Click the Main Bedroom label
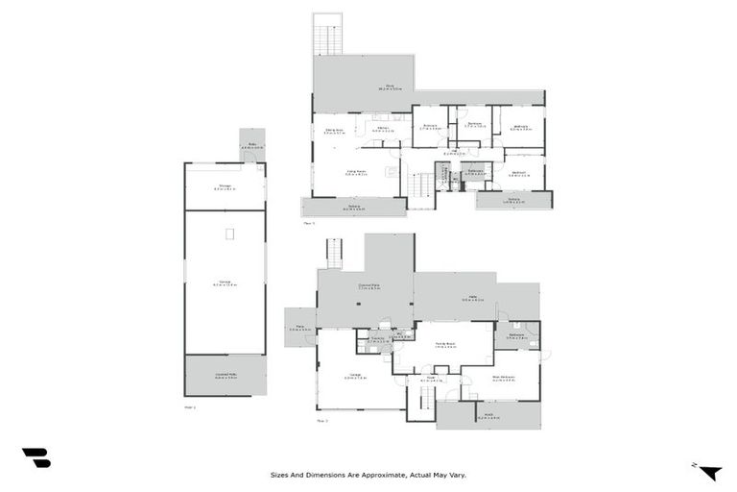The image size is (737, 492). click(x=503, y=378)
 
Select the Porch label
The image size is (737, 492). click(x=488, y=415)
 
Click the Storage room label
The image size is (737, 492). click(x=224, y=188)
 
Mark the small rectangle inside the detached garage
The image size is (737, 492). click(x=229, y=234)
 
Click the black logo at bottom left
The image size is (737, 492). click(x=36, y=458)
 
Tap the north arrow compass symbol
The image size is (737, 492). click(x=708, y=471)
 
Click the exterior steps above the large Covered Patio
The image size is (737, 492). click(x=334, y=253)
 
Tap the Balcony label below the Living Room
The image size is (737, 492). click(x=353, y=207)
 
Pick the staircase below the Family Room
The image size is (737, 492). click(x=419, y=401)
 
